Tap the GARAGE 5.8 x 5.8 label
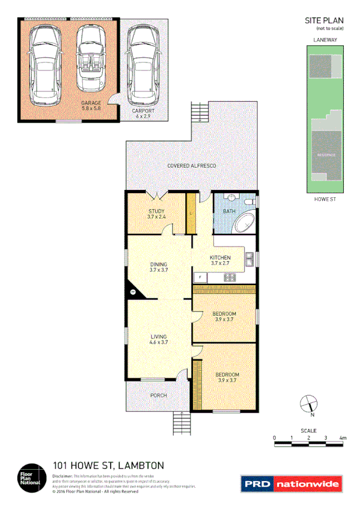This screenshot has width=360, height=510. point(91,105)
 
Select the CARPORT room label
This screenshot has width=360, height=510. point(143,113)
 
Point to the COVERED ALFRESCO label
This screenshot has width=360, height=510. point(191,165)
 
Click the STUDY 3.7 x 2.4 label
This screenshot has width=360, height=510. point(156,214)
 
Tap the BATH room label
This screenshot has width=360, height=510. point(229,212)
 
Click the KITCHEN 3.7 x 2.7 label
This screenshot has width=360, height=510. point(221,260)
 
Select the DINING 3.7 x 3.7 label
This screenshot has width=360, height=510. point(159,267)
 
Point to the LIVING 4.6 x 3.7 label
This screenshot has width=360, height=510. point(159,339)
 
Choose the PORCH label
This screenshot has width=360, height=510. point(159,395)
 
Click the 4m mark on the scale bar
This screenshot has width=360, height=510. point(343,438)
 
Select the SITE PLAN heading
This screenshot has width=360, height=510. point(324,20)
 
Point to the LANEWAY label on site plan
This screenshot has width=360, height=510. point(324,40)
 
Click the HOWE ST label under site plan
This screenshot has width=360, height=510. point(324,198)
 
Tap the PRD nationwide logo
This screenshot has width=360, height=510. point(291,484)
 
